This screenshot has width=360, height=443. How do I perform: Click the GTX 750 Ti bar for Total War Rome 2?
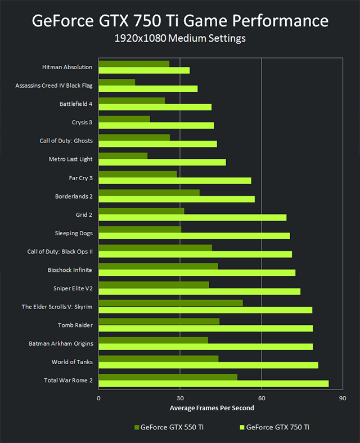[x=214, y=383]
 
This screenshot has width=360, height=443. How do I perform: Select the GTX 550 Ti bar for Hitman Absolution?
[x=134, y=64]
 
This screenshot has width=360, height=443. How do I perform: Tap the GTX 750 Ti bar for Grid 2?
[x=192, y=217]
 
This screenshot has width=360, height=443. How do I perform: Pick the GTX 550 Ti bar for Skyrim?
[x=170, y=303]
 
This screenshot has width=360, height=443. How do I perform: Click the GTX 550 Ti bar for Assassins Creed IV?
[x=117, y=82]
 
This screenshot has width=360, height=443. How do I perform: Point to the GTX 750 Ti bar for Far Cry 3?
[x=175, y=181]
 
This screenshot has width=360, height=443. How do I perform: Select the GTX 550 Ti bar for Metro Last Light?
[x=123, y=156]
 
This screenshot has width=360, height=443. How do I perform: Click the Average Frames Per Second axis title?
[x=211, y=408]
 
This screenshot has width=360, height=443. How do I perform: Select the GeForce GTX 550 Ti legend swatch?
[x=137, y=427]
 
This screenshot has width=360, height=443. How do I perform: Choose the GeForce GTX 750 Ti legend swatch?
[x=242, y=427]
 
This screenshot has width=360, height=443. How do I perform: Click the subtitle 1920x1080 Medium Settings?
[x=180, y=39]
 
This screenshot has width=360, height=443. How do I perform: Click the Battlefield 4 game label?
[x=76, y=104]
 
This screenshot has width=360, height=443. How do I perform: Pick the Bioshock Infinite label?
[x=70, y=270]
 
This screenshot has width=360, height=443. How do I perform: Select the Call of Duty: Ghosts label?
[x=66, y=141]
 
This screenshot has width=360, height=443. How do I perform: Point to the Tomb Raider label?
[x=75, y=325]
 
